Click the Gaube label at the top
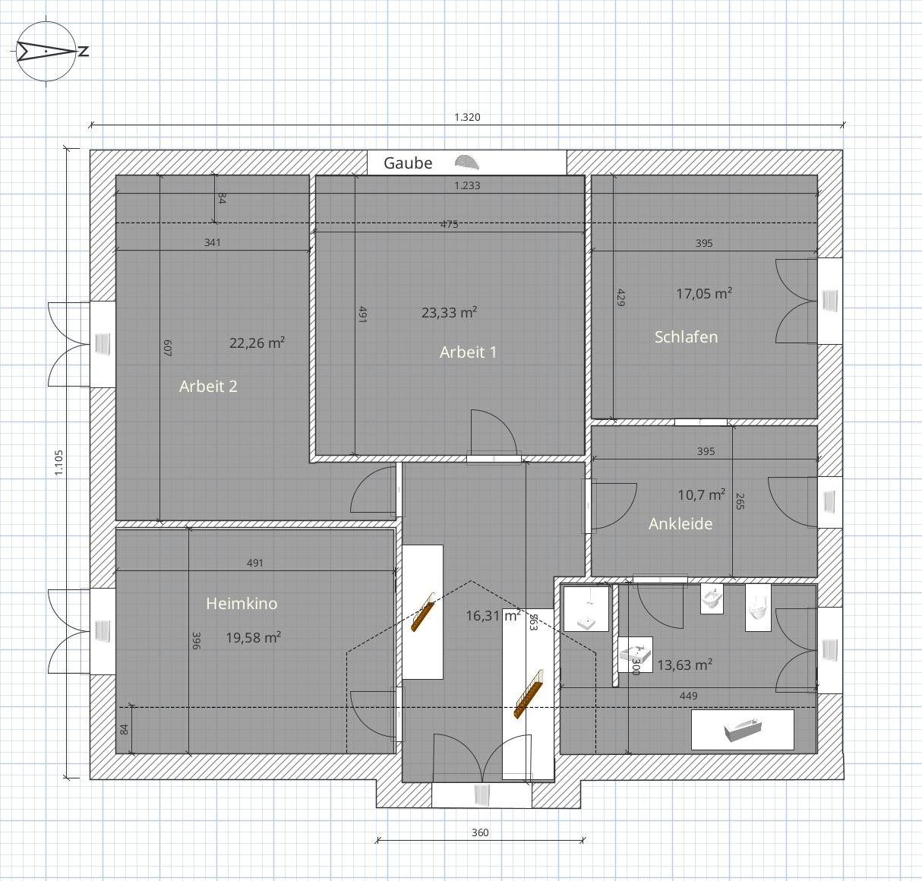click(x=408, y=163)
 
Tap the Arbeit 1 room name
click(x=468, y=352)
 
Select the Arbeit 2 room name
click(x=208, y=387)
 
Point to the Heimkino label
click(x=242, y=603)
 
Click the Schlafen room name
click(x=686, y=337)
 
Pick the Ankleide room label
click(x=680, y=524)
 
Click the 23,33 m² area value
click(x=449, y=312)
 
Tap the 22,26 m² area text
click(x=257, y=343)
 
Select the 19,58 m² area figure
click(x=253, y=637)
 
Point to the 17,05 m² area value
click(x=704, y=293)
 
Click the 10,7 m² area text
click(x=701, y=494)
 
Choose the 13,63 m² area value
click(x=684, y=665)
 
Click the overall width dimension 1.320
click(x=467, y=117)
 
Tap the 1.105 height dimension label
click(x=58, y=463)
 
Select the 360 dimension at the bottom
click(x=480, y=832)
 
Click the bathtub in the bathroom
click(x=743, y=730)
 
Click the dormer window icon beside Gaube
click(x=466, y=162)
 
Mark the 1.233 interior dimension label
click(x=467, y=185)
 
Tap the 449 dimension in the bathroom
click(x=688, y=696)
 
